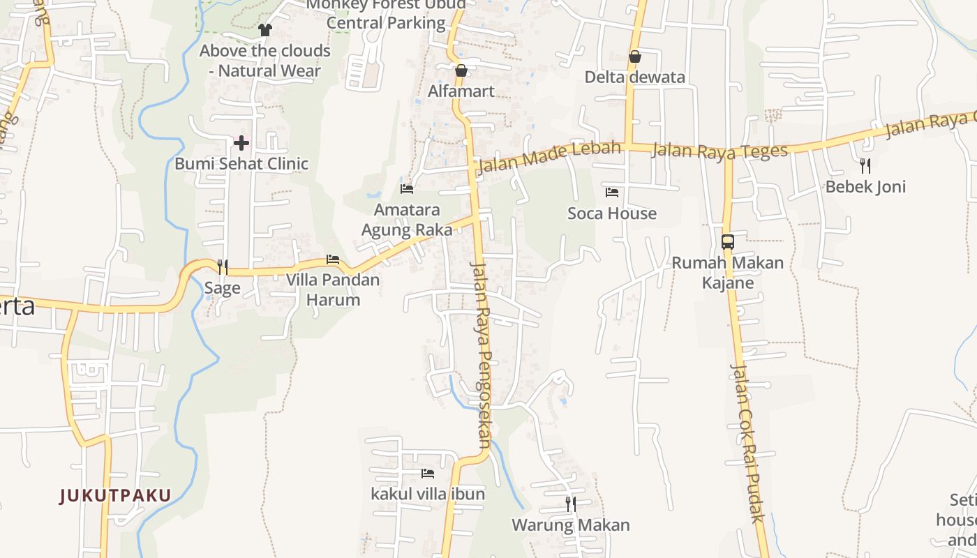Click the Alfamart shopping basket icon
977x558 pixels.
461,70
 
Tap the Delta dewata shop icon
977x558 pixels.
634,56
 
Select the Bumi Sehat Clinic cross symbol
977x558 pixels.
241,143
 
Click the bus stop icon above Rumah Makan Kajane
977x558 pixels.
727,242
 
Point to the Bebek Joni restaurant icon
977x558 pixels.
865,165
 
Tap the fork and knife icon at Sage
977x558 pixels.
222,266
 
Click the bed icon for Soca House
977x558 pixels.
612,192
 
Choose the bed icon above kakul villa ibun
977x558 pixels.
428,473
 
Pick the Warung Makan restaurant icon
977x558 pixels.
571,504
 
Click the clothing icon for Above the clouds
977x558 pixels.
265,29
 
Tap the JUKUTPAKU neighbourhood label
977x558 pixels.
115,496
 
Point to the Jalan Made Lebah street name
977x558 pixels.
549,158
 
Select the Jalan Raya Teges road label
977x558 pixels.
719,150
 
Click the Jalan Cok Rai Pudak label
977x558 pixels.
747,442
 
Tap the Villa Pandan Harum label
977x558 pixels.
333,290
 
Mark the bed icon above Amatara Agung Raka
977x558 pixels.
407,188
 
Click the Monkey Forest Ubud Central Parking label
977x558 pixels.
386,14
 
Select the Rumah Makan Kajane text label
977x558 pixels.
727,273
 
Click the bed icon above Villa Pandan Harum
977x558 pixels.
333,259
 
